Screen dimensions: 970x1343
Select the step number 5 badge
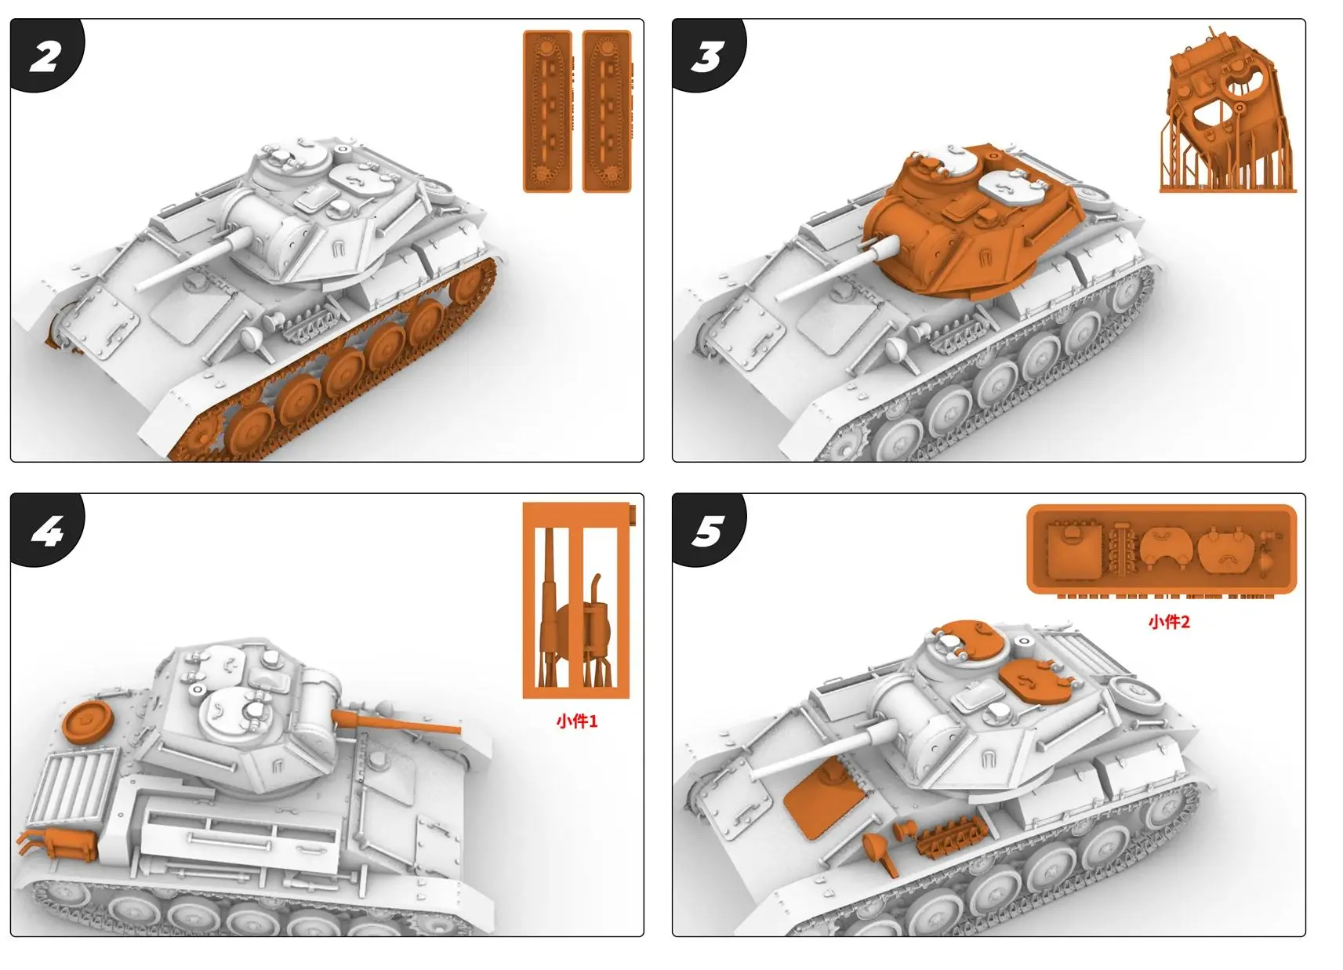point(707,532)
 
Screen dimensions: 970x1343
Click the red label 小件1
point(576,721)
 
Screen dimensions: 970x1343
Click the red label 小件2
point(1169,622)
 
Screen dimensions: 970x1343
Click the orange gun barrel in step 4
point(400,722)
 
